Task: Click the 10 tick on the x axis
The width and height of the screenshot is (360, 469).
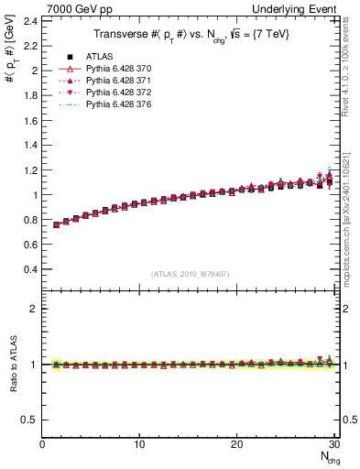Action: pyautogui.click(x=139, y=444)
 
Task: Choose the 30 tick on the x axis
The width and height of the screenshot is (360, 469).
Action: pyautogui.click(x=334, y=444)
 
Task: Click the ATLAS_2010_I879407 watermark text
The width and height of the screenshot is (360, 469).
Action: pyautogui.click(x=191, y=274)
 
